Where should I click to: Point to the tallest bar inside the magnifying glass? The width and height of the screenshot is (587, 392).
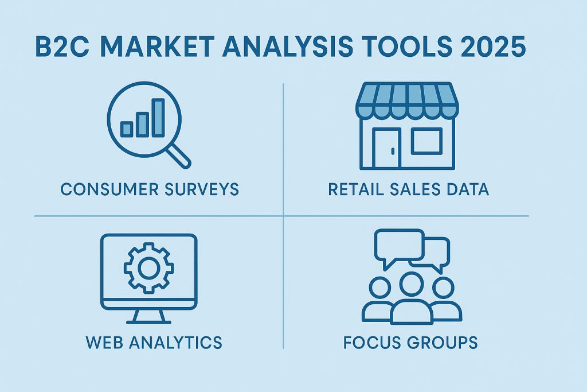(158, 117)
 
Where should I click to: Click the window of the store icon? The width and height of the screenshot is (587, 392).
(426, 141)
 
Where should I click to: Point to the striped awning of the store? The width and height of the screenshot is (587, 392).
(407, 98)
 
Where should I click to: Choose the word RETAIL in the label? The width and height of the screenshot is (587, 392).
(355, 189)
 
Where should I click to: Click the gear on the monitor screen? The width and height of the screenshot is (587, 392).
(148, 266)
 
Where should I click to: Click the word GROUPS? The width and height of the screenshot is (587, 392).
(445, 343)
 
